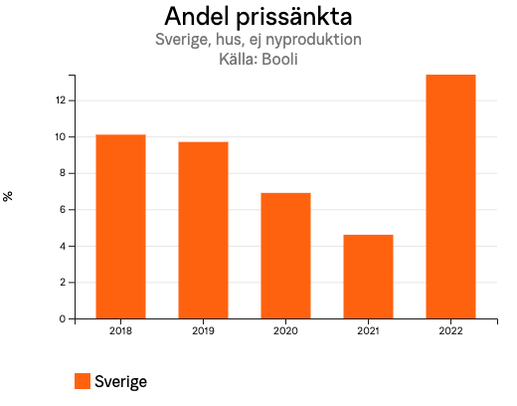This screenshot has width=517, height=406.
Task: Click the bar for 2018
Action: [x=120, y=227]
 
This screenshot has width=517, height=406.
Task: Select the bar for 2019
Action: [x=203, y=230]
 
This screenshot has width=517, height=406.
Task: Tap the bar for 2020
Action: [x=285, y=256]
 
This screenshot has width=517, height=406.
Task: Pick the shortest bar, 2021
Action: [x=368, y=277]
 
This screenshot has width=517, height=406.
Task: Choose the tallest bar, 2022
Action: [x=450, y=197]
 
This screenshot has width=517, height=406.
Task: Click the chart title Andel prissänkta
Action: [x=258, y=17]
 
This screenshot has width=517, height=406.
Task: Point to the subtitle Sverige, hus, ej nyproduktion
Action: [x=258, y=40]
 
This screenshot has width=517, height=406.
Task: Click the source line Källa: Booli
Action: [x=258, y=59]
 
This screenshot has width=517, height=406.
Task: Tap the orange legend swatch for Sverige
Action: [x=83, y=381]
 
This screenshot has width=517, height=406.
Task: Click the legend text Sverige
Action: [x=121, y=381]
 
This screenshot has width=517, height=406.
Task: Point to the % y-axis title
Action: [x=9, y=196]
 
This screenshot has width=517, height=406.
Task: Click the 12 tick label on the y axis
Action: [x=60, y=101]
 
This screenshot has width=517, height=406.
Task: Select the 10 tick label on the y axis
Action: [x=60, y=137]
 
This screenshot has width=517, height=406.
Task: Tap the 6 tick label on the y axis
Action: [x=62, y=210]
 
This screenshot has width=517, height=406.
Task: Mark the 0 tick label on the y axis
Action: [x=62, y=319]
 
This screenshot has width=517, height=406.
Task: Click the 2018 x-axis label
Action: [x=120, y=331]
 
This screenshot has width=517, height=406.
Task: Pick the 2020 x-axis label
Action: [x=285, y=331]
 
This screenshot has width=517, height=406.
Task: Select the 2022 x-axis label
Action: [x=450, y=331]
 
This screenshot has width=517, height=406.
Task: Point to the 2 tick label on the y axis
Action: [x=62, y=283]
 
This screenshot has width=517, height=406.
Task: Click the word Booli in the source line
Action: [x=280, y=59]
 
